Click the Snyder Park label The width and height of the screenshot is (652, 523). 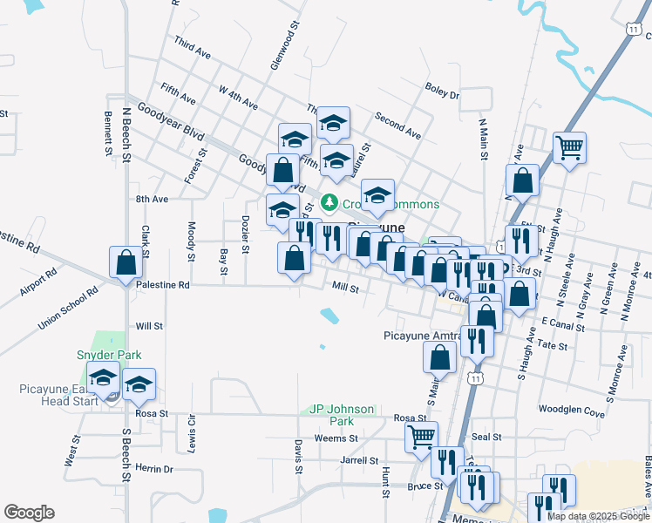109,355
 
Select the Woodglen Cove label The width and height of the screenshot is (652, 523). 572,411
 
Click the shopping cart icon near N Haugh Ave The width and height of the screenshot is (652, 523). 569,148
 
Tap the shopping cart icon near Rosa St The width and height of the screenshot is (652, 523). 421,435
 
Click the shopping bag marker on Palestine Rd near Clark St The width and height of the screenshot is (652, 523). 126,261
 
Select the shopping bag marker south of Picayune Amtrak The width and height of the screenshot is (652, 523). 440,356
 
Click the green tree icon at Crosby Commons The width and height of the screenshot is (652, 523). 329,202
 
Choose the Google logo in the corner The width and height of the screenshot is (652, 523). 29,513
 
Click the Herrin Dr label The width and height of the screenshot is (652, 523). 157,469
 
